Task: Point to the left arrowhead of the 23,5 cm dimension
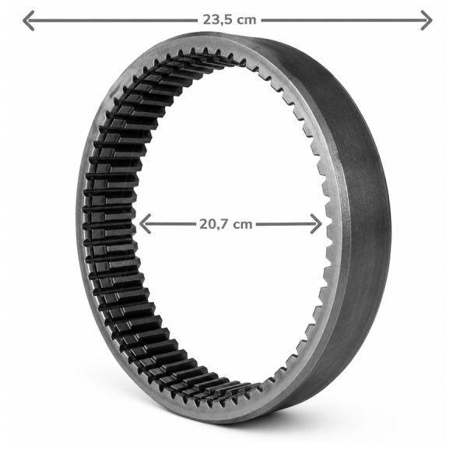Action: tap(28, 20)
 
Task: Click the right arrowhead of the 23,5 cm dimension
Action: tap(427, 20)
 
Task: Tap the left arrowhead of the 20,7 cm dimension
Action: tap(145, 223)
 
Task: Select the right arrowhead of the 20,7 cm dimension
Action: tap(316, 223)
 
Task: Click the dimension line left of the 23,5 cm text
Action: tap(111, 20)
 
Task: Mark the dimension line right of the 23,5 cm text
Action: tap(346, 20)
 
